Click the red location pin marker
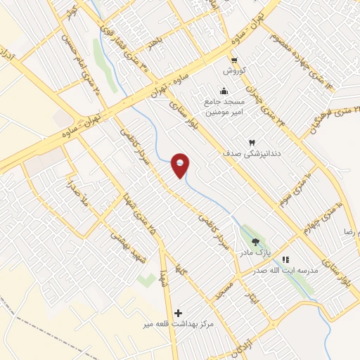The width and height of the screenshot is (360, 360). [x=181, y=165]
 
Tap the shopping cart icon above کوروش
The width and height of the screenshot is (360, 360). [x=234, y=60]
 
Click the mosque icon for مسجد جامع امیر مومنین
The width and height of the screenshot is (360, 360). [x=224, y=90]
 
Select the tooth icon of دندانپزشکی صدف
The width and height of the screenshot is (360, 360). [x=252, y=141]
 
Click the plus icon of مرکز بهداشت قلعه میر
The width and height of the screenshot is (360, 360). [x=178, y=312]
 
